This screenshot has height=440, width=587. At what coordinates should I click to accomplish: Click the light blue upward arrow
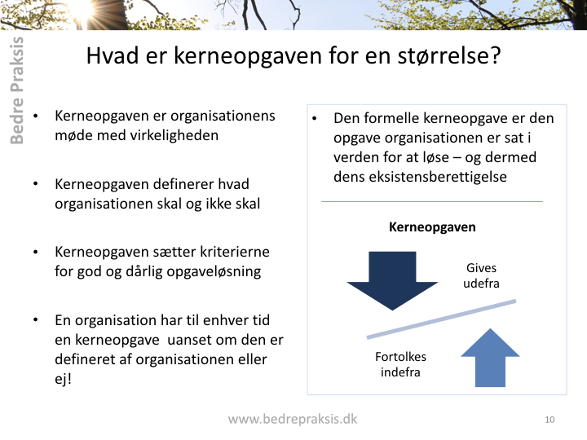[490, 358]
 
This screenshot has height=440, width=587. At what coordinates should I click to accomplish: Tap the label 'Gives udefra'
[481, 275]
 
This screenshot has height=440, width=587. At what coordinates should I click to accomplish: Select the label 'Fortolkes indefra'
[400, 364]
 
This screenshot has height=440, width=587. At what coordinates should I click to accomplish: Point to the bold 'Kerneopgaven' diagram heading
[432, 227]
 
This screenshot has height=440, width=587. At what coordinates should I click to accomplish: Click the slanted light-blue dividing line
[441, 319]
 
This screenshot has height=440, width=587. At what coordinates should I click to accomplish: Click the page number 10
[549, 420]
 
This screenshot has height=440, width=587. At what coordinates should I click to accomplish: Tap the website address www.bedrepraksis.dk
[293, 419]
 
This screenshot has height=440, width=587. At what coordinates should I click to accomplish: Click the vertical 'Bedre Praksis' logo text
[16, 90]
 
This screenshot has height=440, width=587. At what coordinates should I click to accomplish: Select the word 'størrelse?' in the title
[449, 55]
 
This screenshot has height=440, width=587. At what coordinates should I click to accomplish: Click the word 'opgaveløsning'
[214, 272]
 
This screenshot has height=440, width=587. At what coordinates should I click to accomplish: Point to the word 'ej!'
[63, 379]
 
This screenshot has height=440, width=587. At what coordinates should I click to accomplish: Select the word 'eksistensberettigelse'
[420, 177]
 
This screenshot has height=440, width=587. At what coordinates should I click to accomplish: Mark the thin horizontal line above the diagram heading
[432, 202]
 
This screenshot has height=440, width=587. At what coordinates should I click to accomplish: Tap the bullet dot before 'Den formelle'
[315, 119]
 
